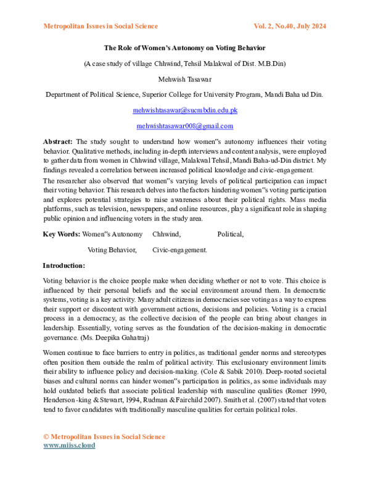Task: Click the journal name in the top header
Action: [x=101, y=26]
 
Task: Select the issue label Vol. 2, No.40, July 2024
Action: [x=289, y=26]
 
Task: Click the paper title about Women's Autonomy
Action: [x=184, y=48]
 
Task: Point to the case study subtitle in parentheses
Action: [x=185, y=64]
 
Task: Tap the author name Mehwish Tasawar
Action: [x=184, y=79]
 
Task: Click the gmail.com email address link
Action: [x=185, y=126]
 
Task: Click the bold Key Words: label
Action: [x=61, y=234]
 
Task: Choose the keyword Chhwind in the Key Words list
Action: [x=166, y=234]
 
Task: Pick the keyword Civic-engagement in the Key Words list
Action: [x=179, y=250]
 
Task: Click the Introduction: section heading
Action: [x=64, y=265]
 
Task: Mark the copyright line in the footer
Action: [x=104, y=436]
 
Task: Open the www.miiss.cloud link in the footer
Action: [x=68, y=445]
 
